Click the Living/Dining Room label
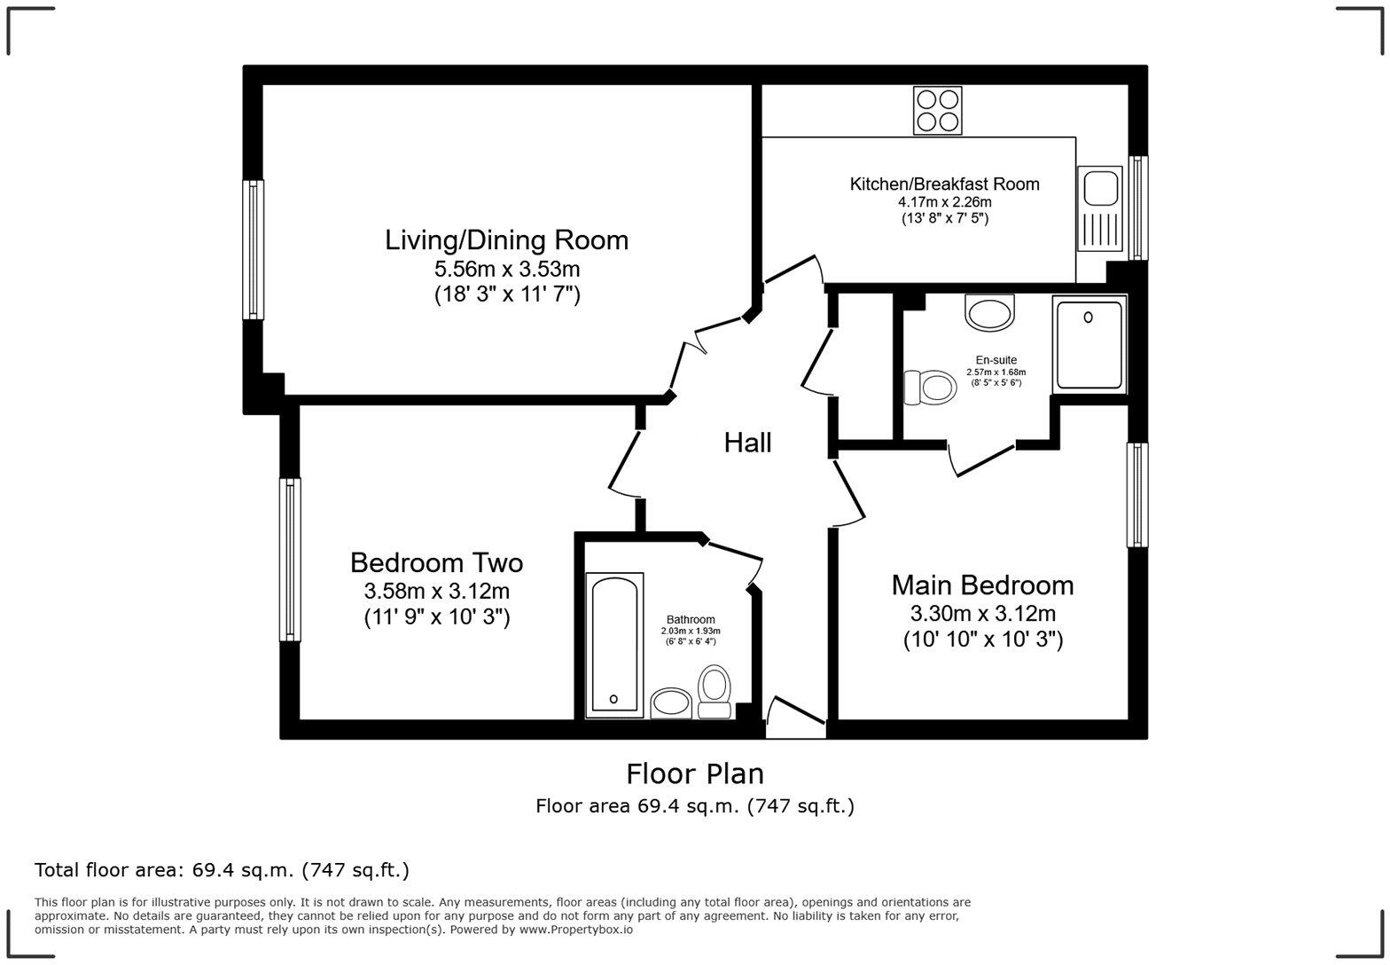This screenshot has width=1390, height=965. point(506,240)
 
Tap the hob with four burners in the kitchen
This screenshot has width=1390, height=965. point(938,111)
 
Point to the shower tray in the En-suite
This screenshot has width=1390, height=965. point(1089,344)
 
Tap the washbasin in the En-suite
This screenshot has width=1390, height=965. point(989,313)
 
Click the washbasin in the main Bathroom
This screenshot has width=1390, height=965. point(671,703)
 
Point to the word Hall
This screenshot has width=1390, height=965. point(747,443)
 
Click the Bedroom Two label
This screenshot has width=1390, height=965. point(436,563)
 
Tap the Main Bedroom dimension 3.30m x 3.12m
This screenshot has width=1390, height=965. point(982,613)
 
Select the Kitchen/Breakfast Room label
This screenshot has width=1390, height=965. point(944,184)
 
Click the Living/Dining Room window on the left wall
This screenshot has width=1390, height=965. point(254,249)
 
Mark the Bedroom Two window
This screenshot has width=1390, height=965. point(290,559)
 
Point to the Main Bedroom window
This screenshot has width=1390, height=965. point(1136,495)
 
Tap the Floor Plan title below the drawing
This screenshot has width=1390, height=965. point(695,774)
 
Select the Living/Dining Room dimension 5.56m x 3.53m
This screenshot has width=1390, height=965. point(506,269)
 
